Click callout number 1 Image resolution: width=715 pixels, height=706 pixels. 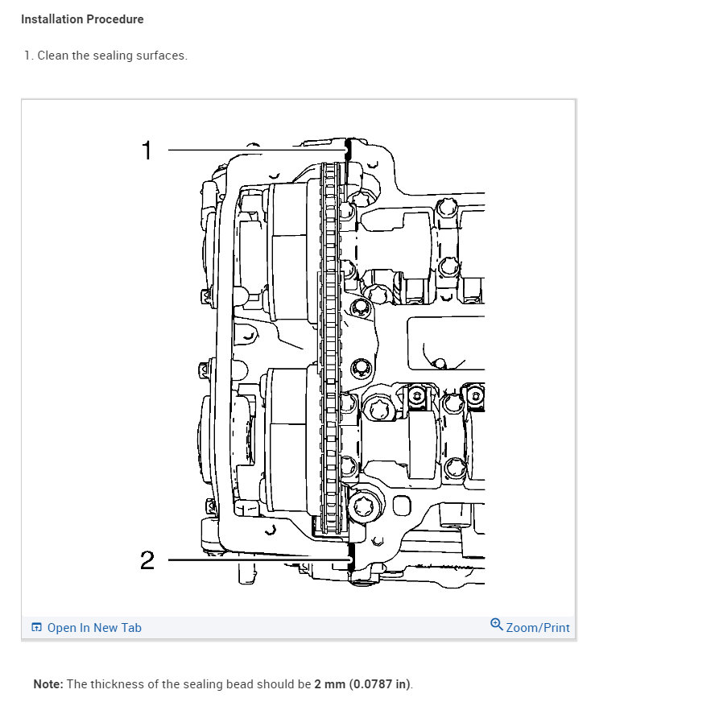click(x=147, y=150)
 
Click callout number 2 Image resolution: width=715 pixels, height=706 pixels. click(x=147, y=559)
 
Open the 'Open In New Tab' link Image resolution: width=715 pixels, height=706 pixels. click(x=94, y=628)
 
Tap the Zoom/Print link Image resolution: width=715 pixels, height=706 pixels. click(x=537, y=628)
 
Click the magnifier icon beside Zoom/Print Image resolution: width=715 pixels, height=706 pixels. click(x=497, y=625)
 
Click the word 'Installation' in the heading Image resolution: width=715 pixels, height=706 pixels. click(x=52, y=19)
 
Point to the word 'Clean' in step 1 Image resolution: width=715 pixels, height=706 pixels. click(x=53, y=56)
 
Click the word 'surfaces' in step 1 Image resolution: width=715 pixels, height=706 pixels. click(x=162, y=56)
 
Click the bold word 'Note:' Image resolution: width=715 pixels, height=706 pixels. click(x=48, y=684)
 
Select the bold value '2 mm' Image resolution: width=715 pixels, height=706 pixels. click(x=330, y=684)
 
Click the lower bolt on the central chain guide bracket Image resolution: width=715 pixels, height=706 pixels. click(x=360, y=368)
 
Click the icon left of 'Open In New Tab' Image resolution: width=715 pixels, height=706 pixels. click(x=36, y=628)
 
